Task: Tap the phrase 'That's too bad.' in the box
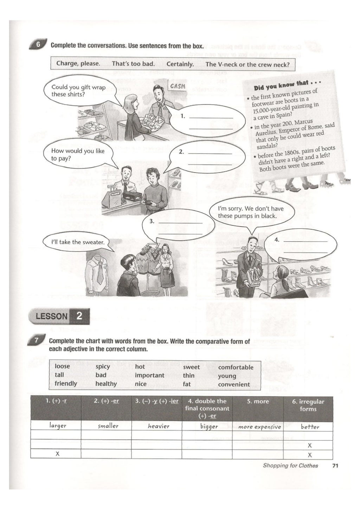click(133, 64)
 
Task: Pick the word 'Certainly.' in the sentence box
click(180, 64)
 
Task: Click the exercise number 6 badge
click(38, 45)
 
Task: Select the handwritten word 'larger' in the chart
click(58, 426)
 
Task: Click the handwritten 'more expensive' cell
click(259, 427)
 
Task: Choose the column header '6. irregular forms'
click(308, 405)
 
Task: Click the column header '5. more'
click(258, 401)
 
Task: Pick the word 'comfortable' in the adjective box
click(236, 367)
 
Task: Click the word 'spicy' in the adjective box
click(103, 366)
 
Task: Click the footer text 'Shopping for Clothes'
click(290, 466)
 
